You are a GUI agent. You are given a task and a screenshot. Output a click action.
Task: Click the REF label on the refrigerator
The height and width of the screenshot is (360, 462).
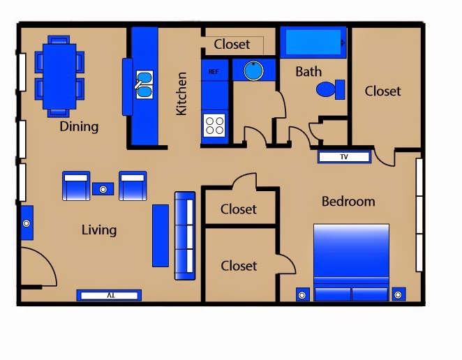(214, 72)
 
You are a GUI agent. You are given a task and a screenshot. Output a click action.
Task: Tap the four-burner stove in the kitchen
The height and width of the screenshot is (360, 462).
(214, 125)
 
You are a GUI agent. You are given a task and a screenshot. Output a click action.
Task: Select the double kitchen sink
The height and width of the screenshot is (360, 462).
(144, 84)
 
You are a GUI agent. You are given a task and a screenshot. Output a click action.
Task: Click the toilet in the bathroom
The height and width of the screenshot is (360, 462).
(331, 89)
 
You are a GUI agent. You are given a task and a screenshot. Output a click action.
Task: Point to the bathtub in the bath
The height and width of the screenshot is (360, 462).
(313, 42)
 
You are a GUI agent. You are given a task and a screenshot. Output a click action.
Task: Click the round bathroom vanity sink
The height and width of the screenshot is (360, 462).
(253, 70)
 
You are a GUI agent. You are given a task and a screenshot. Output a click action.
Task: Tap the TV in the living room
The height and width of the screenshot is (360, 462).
(109, 295)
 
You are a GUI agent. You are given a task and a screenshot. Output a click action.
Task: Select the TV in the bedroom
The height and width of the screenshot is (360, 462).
(344, 157)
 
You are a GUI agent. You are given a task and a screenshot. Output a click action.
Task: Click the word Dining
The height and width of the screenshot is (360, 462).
(79, 127)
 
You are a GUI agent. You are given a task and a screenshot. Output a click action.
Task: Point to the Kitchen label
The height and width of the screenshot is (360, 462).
(181, 93)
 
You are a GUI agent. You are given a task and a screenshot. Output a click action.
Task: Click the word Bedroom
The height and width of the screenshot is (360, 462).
(348, 202)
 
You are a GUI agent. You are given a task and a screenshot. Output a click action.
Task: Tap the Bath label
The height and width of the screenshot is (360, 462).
(308, 72)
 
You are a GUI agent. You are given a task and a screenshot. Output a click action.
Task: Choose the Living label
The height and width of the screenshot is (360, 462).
(99, 230)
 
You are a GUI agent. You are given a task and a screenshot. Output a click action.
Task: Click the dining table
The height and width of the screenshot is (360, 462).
(59, 77)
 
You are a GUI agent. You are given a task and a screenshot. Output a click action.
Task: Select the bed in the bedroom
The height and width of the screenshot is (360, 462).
(351, 262)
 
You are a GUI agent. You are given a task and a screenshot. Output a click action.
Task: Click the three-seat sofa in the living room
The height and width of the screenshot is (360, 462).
(185, 236)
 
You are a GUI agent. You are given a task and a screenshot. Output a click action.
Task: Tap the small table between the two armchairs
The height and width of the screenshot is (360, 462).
(103, 189)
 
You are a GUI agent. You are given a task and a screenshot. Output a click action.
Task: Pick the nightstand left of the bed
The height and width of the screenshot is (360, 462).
(302, 294)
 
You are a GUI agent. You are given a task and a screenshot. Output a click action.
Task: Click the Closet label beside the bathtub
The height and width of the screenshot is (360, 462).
(382, 91)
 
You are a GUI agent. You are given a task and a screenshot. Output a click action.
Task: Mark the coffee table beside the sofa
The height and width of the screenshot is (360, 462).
(161, 236)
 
